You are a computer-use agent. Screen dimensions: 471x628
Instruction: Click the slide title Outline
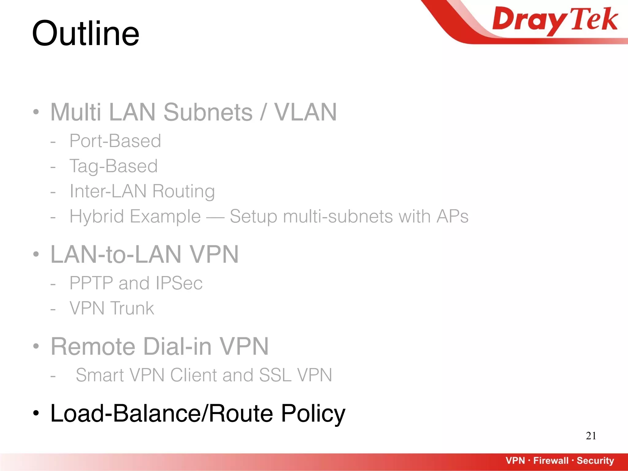pos(86,33)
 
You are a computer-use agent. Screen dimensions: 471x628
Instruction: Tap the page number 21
pos(591,436)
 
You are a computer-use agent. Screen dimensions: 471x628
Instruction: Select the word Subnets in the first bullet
pos(208,112)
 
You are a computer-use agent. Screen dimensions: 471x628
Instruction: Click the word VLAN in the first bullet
pos(305,112)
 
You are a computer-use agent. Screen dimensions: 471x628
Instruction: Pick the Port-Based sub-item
pos(115,141)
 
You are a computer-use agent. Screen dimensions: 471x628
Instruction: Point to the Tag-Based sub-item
pos(113,166)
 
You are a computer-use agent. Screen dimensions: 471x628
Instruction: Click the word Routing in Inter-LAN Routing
pos(183,191)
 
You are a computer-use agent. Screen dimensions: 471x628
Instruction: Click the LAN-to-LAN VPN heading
pos(144,255)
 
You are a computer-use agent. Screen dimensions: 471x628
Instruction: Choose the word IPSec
pos(179,283)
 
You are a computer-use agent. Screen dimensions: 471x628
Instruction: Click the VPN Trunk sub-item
pos(112,308)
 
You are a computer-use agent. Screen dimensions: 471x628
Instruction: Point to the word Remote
pos(93,347)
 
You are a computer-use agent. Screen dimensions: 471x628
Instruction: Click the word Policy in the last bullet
pos(313,413)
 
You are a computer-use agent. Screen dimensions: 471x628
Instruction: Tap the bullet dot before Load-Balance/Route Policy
pos(36,413)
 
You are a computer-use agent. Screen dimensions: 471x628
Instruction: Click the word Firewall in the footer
pos(551,461)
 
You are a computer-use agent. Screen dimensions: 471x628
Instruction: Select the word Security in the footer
pos(595,461)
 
